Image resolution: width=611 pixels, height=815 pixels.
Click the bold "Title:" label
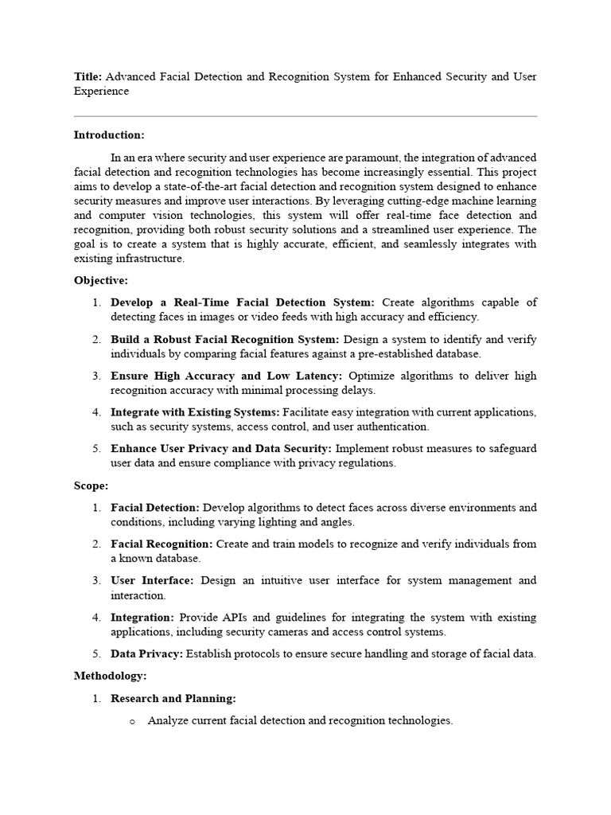pyautogui.click(x=88, y=76)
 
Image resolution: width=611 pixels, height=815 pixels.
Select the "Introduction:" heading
pyautogui.click(x=109, y=135)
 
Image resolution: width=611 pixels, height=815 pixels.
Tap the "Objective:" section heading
pyautogui.click(x=101, y=280)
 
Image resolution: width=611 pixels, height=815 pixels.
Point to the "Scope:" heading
pyautogui.click(x=91, y=485)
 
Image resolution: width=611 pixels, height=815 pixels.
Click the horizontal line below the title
pyautogui.click(x=305, y=116)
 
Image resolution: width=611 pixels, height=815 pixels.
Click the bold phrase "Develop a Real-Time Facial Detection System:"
pyautogui.click(x=242, y=302)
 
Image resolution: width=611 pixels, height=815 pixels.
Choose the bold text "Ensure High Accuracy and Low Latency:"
pyautogui.click(x=227, y=376)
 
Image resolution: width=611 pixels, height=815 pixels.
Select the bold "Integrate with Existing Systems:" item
pyautogui.click(x=195, y=412)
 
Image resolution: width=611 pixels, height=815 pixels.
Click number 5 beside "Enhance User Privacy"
pyautogui.click(x=95, y=449)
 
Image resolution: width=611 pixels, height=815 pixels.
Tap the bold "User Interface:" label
pyautogui.click(x=152, y=580)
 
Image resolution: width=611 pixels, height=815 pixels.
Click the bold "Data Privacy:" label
pyautogui.click(x=146, y=653)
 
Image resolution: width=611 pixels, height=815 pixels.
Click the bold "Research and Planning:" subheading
pyautogui.click(x=173, y=698)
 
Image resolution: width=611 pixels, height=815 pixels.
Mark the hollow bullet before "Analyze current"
pyautogui.click(x=132, y=721)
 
